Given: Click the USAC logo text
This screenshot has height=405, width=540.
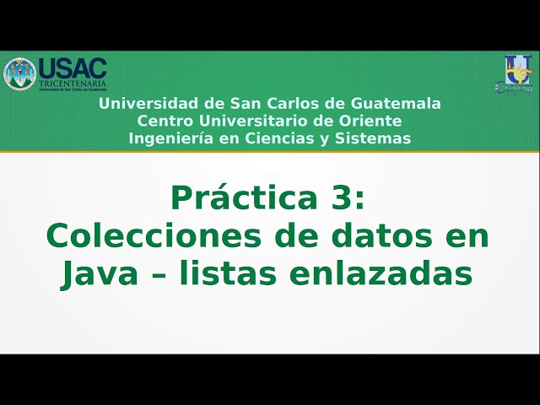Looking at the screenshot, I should (x=73, y=68).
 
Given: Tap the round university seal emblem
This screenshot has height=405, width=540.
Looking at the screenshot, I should (x=19, y=74).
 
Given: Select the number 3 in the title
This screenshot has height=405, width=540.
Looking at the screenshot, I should (x=344, y=199).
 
